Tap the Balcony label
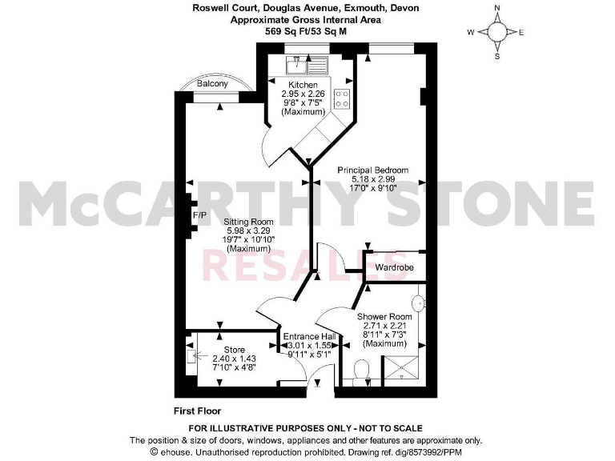tap(212, 83)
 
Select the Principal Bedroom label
tap(373, 170)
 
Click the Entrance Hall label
tap(308, 336)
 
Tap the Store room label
tap(234, 350)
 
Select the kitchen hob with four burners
tap(342, 98)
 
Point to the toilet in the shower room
tap(361, 371)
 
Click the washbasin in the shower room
tap(418, 303)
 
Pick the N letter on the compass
tap(496, 8)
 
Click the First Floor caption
tap(197, 411)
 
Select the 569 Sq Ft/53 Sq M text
tap(307, 31)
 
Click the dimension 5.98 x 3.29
tap(250, 230)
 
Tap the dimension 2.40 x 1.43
tap(234, 359)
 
